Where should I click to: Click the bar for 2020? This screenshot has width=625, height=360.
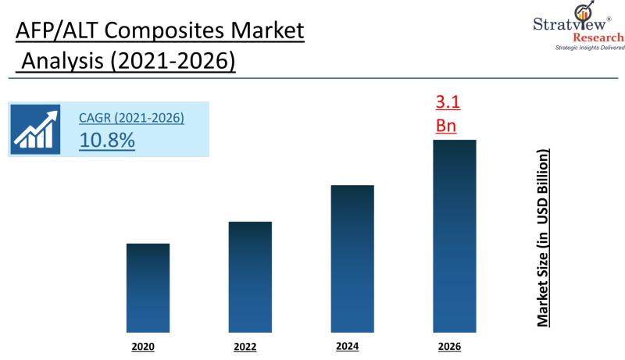[148, 287]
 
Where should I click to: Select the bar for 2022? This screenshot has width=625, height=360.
[250, 276]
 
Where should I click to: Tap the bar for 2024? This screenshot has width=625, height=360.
[352, 258]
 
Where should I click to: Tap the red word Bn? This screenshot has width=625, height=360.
[445, 125]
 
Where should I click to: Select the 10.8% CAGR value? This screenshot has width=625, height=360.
[107, 141]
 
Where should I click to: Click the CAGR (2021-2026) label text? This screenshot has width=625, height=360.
[131, 119]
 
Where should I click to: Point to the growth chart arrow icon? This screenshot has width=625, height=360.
[37, 128]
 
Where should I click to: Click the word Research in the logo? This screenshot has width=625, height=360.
[598, 37]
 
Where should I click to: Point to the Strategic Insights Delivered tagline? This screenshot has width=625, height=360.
[590, 48]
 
